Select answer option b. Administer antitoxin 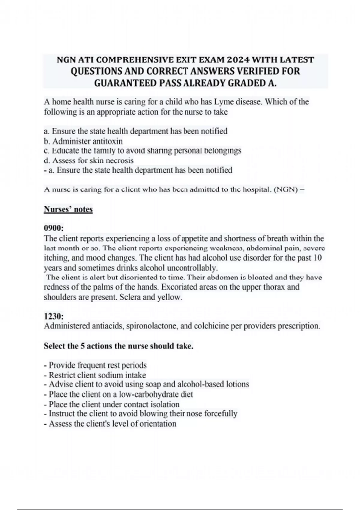click(83, 141)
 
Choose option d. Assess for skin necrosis click(88, 160)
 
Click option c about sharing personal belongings click(142, 151)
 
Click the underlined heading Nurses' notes click(68, 209)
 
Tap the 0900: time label click(54, 228)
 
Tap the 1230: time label click(54, 316)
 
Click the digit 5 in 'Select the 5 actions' click(82, 346)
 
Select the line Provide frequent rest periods click(95, 365)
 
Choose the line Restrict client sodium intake click(95, 375)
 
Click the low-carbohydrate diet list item click(118, 394)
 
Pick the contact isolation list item click(112, 404)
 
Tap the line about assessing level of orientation click(110, 424)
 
